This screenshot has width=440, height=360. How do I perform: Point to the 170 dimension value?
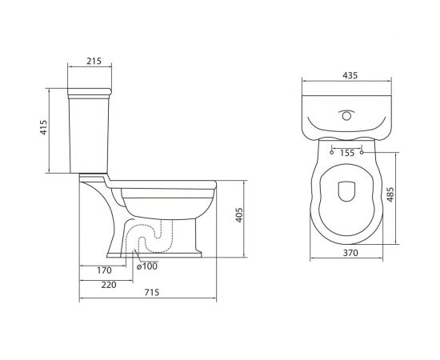pyautogui.click(x=104, y=270)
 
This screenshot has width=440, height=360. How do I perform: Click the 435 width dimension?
pyautogui.click(x=348, y=75)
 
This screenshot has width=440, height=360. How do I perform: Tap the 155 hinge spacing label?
pyautogui.click(x=347, y=152)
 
